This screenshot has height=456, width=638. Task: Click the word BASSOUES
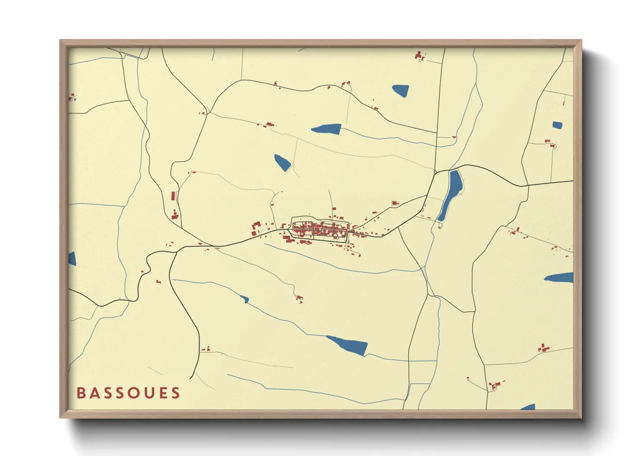[x=128, y=393]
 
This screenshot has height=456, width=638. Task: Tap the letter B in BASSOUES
[x=81, y=393]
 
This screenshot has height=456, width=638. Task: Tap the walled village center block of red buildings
[x=319, y=229]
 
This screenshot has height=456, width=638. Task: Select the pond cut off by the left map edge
[x=72, y=259]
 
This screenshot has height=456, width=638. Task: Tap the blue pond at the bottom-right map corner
[x=529, y=407]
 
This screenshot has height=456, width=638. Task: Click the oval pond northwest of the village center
[x=282, y=162]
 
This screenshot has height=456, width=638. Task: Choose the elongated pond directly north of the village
[x=327, y=128]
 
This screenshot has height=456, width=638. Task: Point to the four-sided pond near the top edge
[x=400, y=91]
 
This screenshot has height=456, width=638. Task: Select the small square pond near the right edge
[x=557, y=125]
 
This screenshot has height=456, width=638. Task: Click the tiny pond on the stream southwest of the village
[x=245, y=299]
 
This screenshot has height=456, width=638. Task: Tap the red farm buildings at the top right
[x=419, y=56]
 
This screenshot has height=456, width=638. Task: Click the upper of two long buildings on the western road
[x=173, y=196]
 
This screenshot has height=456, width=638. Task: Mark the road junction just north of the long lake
[x=437, y=172]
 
